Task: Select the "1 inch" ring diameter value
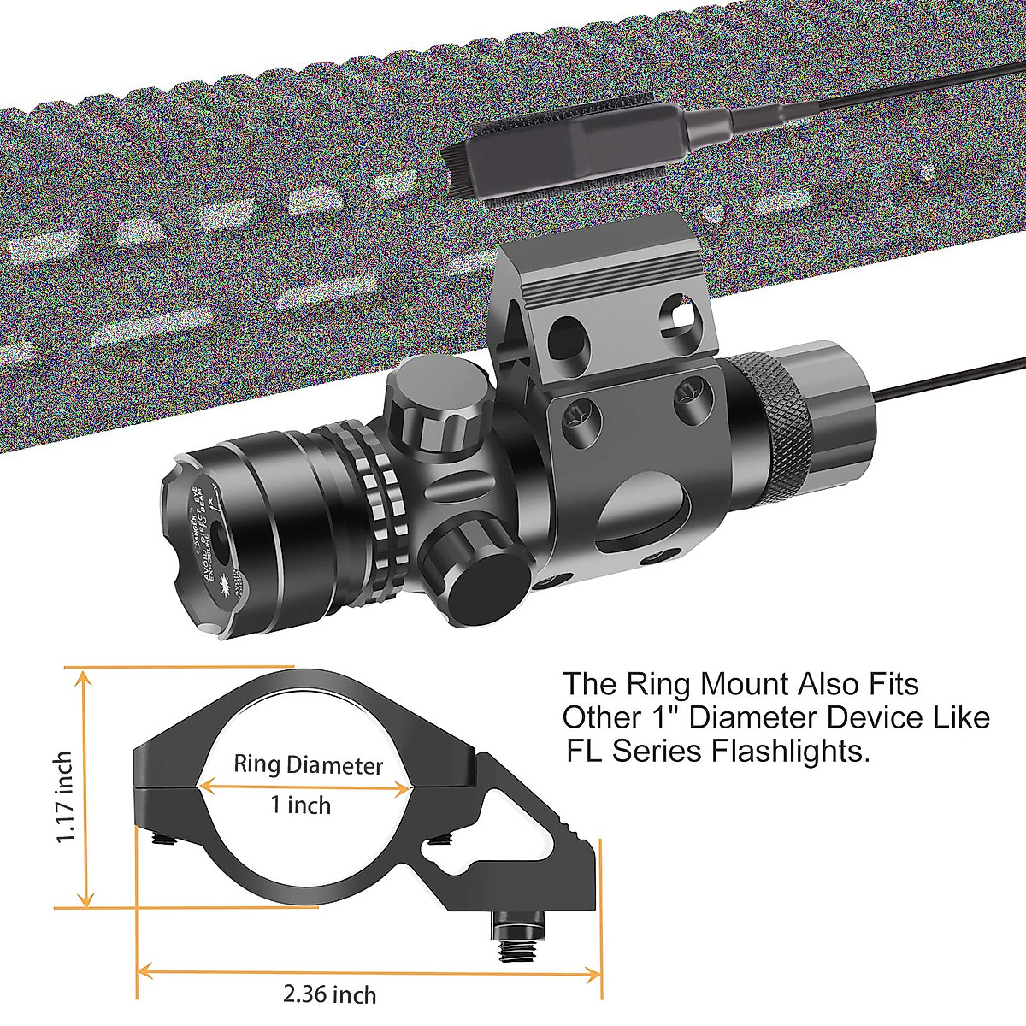point(300,805)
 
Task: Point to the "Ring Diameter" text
point(309,764)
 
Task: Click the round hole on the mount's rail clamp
point(566,333)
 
